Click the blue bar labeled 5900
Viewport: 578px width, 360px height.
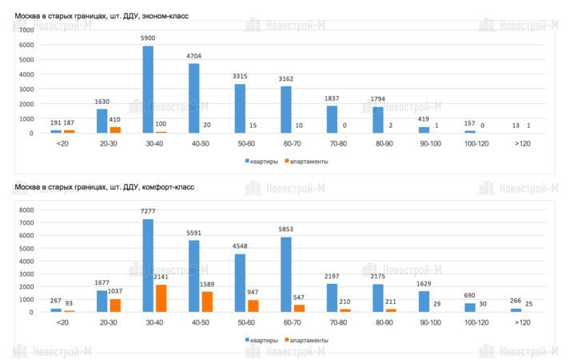pyautogui.click(x=148, y=90)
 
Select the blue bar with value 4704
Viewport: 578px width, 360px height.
pyautogui.click(x=194, y=98)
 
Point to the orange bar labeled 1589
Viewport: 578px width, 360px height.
pyautogui.click(x=206, y=302)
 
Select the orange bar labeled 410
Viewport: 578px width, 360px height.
pyautogui.click(x=114, y=130)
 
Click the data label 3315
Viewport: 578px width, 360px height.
pyautogui.click(x=240, y=77)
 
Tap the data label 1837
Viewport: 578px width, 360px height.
pyautogui.click(x=332, y=98)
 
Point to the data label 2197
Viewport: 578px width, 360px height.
pyautogui.click(x=332, y=277)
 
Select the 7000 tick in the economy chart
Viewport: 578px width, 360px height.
pyautogui.click(x=26, y=30)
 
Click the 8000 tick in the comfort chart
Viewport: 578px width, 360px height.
pyautogui.click(x=26, y=210)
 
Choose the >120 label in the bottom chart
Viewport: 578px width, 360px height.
pyautogui.click(x=522, y=322)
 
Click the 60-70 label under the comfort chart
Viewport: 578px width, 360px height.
pyautogui.click(x=292, y=322)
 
